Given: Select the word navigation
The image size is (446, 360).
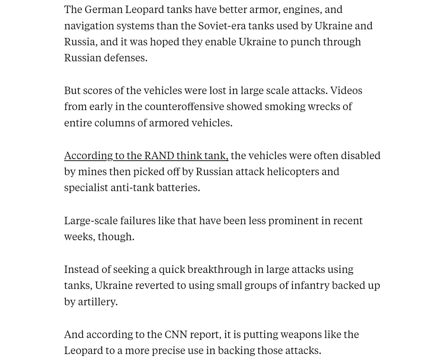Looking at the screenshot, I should pos(89,26).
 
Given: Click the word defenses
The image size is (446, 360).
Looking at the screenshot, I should pos(125,58).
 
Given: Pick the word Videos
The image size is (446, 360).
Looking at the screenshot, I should pos(346,90).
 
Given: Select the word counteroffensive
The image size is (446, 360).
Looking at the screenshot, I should pos(184,106).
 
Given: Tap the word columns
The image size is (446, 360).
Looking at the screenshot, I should pos(114,123).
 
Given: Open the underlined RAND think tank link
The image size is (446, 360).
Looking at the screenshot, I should pos(146,155).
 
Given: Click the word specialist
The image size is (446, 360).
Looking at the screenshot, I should pos(86,187).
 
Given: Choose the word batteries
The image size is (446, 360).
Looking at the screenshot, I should pos(178,187).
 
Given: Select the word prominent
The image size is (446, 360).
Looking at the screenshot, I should pos(293,221).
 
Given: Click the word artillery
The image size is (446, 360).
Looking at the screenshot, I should pos(97,302).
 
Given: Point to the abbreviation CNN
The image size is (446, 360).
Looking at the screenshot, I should pos(176,334).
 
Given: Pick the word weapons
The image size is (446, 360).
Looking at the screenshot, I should pos(301,334).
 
